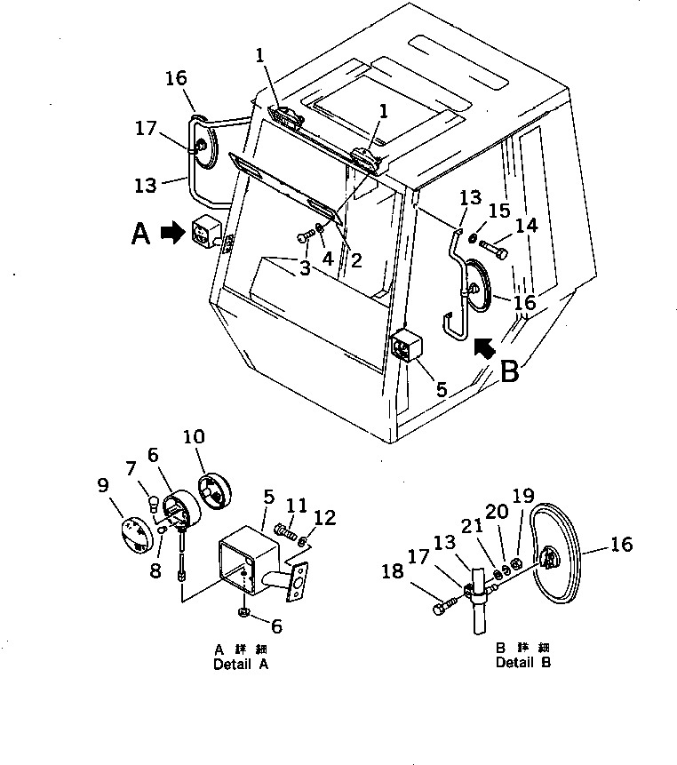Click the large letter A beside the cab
coord(140,235)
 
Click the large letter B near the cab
coord(509,371)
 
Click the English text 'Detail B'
coord(523,663)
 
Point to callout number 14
coord(526,227)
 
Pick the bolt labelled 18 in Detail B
coord(443,608)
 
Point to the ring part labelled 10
coord(213,492)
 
